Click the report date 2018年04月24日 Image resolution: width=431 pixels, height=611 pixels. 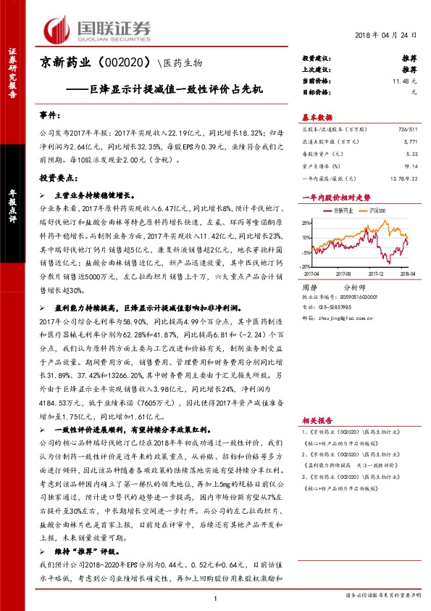(388, 36)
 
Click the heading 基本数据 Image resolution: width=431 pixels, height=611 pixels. (317, 117)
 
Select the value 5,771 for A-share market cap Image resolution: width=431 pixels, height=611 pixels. (411, 141)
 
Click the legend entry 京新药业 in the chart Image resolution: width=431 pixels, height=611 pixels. (340, 209)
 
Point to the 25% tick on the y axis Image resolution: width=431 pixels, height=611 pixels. (306, 222)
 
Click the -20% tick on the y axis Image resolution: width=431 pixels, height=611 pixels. (306, 266)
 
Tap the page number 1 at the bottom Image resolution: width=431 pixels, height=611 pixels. (215, 598)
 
